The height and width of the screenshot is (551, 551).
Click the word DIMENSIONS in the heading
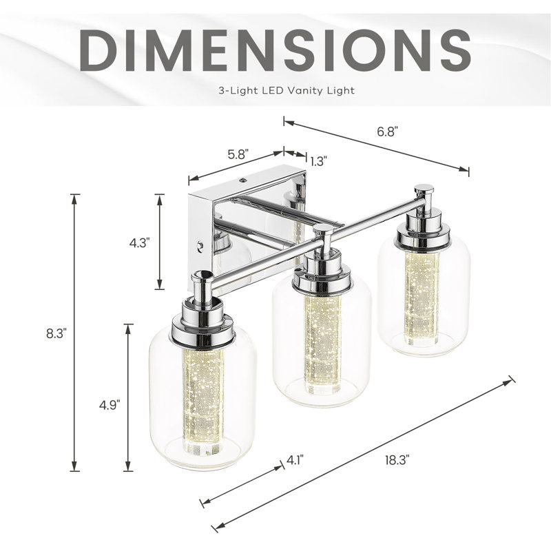(x=275, y=50)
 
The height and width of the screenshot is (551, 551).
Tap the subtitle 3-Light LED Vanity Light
(x=287, y=91)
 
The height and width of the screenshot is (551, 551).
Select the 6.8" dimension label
(x=387, y=132)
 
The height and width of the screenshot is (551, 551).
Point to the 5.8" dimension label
(x=238, y=154)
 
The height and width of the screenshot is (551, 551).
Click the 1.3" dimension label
(x=319, y=161)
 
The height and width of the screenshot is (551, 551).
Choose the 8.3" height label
(x=56, y=333)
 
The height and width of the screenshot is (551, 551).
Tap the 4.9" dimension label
(x=110, y=404)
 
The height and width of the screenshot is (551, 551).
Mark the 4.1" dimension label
(x=295, y=459)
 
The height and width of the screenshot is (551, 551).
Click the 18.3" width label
(x=397, y=460)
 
